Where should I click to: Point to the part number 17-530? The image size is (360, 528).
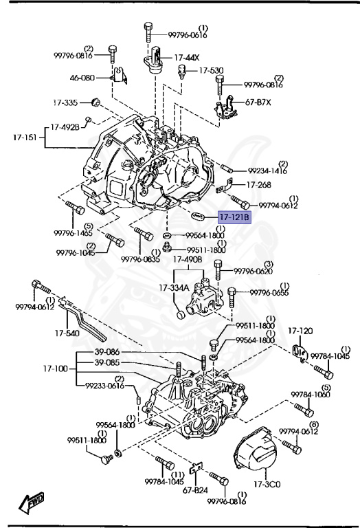pyautogui.click(x=211, y=70)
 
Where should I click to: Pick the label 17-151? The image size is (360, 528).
pyautogui.click(x=25, y=137)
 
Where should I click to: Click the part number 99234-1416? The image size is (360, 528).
pyautogui.click(x=269, y=170)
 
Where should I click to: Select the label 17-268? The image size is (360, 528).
pyautogui.click(x=259, y=184)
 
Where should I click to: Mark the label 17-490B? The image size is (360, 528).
pyautogui.click(x=188, y=260)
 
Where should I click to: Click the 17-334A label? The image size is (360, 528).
pyautogui.click(x=175, y=287)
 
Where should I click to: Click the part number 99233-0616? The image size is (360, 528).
pyautogui.click(x=105, y=386)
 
